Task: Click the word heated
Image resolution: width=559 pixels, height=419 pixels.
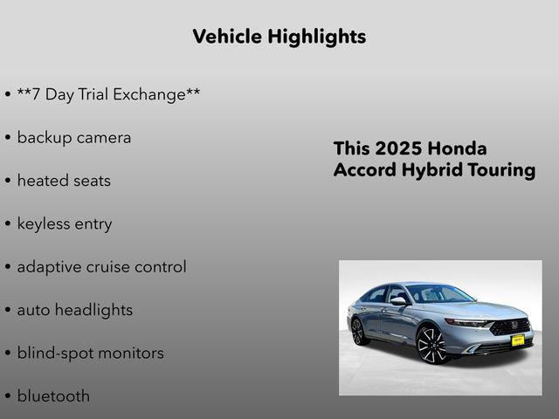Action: pos(45,181)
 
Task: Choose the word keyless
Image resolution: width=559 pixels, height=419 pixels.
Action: pos(45,224)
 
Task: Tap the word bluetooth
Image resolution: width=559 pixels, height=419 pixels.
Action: pos(53,396)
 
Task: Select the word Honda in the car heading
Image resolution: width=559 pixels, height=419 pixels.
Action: pos(459,148)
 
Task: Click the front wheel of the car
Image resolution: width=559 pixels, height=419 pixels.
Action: pos(431,344)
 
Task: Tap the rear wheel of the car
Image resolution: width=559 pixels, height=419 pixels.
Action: pos(357,332)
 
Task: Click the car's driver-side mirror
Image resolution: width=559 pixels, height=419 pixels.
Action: pos(398,301)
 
